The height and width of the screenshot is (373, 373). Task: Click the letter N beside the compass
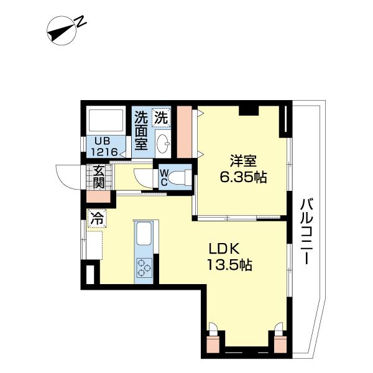[81, 21]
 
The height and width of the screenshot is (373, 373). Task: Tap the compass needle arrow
[61, 31]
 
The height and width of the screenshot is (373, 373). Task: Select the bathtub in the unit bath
[106, 120]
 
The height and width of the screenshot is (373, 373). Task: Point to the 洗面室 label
[141, 131]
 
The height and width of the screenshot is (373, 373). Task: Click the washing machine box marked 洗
[162, 117]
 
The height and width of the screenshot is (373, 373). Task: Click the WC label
[164, 177]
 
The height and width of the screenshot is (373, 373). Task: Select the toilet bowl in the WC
[177, 177]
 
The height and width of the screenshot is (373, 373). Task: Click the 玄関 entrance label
[99, 177]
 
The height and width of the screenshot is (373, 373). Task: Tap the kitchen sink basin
[144, 233]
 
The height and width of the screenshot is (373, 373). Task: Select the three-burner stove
[144, 268]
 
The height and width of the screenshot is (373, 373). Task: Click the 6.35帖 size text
[243, 177]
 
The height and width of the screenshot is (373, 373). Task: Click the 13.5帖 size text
[230, 265]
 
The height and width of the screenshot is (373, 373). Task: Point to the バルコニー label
[306, 232]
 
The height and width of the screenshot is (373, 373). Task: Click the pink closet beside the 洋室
[185, 132]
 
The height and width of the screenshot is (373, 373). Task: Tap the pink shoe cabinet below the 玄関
[98, 196]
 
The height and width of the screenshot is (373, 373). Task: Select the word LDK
[224, 249]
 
